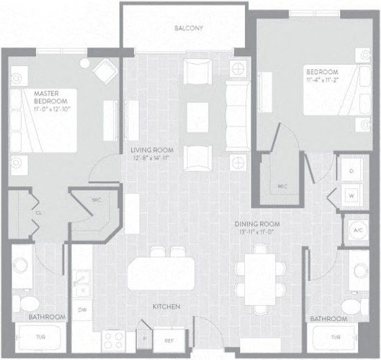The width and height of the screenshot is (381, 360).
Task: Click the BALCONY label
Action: [189, 29]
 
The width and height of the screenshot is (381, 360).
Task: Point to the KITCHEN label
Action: [166, 307]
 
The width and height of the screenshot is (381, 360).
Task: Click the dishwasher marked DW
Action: [82, 309]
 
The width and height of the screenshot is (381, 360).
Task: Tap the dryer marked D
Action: [351, 171]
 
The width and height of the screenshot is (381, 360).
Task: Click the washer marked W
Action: [351, 195]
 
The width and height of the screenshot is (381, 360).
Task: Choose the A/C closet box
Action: [357, 230]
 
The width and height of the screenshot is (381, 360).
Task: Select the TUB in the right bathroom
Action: [334, 337]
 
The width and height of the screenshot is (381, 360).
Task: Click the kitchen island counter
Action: [162, 274]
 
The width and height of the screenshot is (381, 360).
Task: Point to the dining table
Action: [261, 278]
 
